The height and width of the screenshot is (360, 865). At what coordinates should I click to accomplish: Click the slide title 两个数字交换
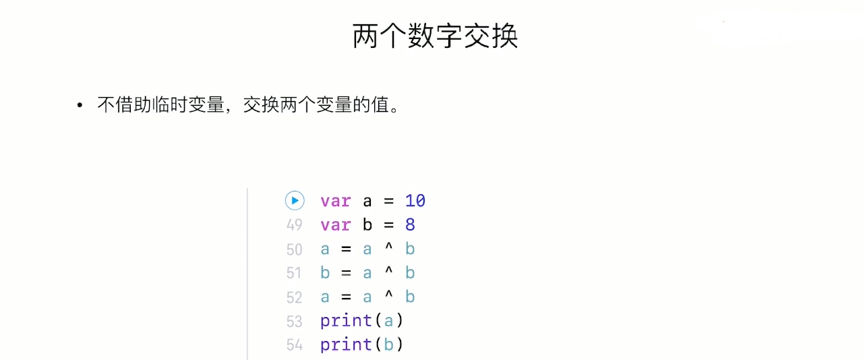tap(435, 36)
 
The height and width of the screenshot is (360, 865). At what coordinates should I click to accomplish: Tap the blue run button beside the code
tap(295, 200)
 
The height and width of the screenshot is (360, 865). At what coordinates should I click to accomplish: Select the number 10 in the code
tap(415, 201)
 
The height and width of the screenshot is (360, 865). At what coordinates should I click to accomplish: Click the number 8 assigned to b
tap(410, 224)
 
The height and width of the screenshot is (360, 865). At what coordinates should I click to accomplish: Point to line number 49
tap(295, 225)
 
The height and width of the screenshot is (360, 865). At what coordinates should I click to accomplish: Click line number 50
tap(295, 249)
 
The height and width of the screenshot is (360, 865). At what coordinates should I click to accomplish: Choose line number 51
tap(295, 273)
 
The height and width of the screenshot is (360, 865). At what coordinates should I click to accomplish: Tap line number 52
tap(295, 297)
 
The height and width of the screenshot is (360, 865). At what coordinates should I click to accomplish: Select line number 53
tap(295, 321)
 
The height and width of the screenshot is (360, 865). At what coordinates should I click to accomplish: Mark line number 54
tap(295, 345)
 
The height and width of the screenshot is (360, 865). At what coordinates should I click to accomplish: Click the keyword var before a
tap(335, 201)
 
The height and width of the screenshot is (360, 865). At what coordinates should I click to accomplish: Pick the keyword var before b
tap(335, 224)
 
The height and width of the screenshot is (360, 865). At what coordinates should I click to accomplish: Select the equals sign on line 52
tap(346, 297)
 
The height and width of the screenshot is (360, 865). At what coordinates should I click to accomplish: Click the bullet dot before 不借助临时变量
tap(80, 106)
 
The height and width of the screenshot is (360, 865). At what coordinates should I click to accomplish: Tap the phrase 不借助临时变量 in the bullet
tap(160, 106)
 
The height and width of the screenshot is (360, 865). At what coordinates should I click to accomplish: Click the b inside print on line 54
tap(388, 344)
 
